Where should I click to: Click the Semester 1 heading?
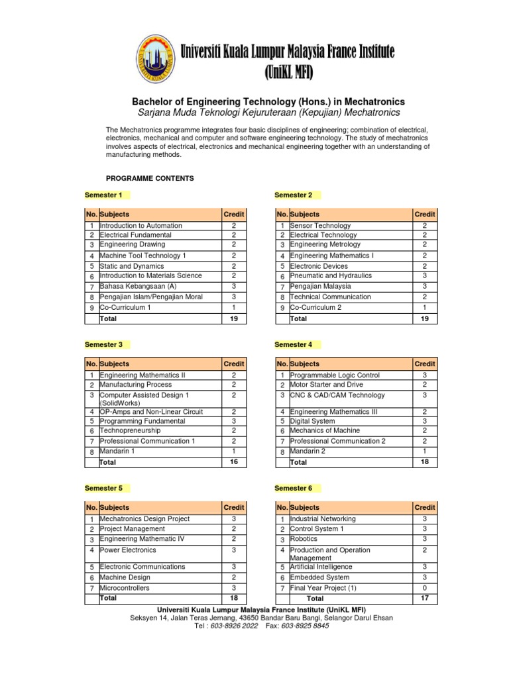[x=103, y=195]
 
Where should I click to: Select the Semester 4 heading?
[x=294, y=344]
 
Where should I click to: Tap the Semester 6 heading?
[x=294, y=488]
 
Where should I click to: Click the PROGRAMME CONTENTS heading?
[x=150, y=179]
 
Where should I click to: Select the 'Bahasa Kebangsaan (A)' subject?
[x=138, y=286]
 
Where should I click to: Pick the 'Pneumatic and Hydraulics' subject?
[x=331, y=275]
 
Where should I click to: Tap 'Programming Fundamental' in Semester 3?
[x=142, y=420]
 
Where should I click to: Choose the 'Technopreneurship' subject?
[x=130, y=430]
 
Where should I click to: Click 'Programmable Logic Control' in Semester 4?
[x=335, y=375]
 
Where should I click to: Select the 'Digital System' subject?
[x=312, y=420]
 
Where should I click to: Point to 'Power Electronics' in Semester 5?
[x=128, y=550]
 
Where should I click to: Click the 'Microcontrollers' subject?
[x=125, y=588]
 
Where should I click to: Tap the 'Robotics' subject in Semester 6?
[x=304, y=540]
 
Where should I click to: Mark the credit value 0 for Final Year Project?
[x=425, y=588]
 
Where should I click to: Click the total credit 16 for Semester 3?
[x=234, y=461]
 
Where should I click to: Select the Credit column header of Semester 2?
[x=425, y=215]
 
